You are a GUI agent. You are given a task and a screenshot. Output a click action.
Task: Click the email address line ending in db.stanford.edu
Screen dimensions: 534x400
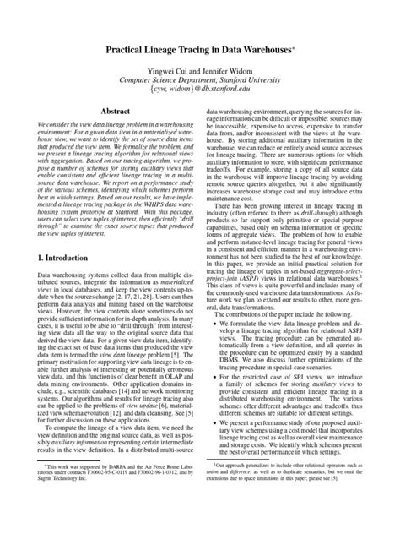point(200,102)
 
